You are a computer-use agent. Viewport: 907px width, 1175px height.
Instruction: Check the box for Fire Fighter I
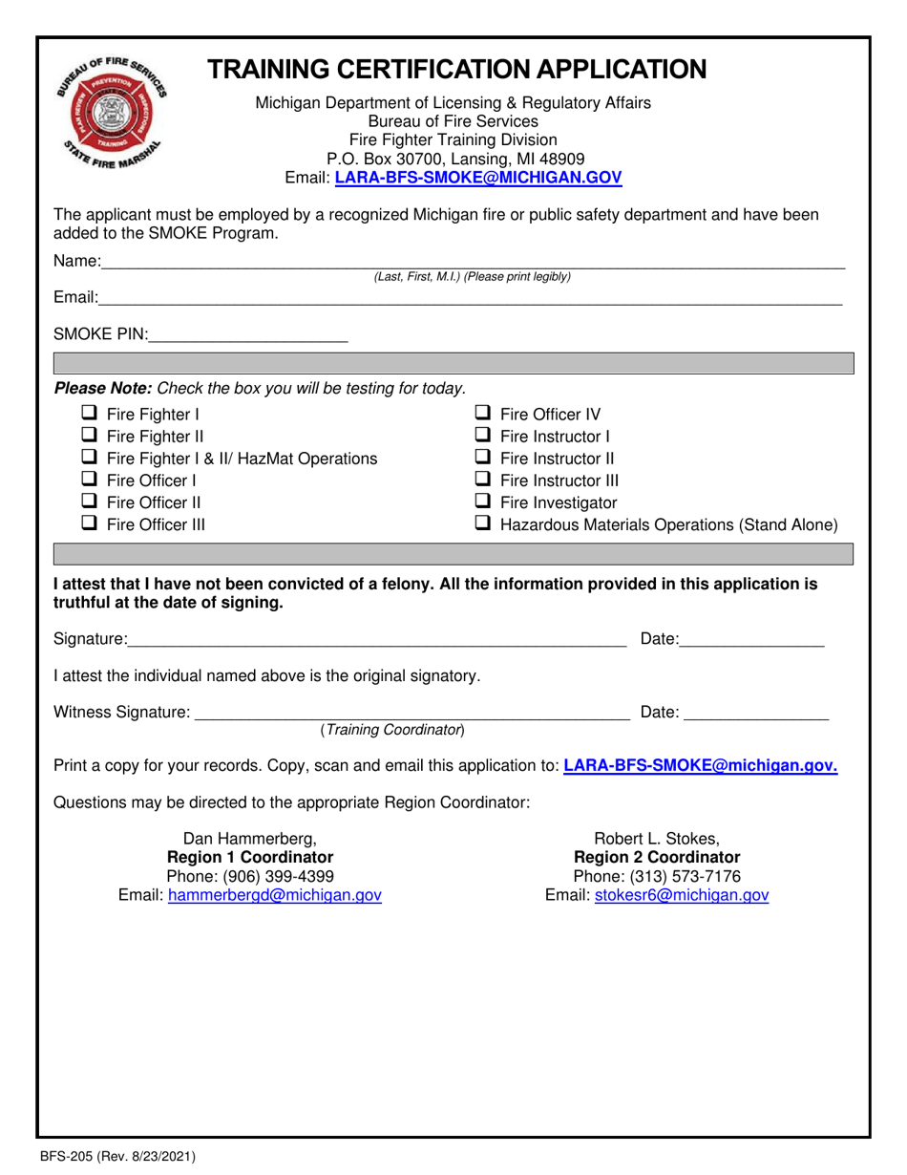(88, 415)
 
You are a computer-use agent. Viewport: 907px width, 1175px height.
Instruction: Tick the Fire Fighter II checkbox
(88, 437)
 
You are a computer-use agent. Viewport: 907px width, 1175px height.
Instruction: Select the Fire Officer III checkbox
(88, 523)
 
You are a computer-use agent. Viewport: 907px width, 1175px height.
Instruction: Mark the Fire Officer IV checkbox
(483, 415)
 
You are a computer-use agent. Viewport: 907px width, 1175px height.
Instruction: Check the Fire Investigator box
(483, 502)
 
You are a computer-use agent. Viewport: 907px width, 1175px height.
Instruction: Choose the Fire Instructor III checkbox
(483, 481)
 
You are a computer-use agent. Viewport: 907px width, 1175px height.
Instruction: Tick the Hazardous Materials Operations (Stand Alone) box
(483, 524)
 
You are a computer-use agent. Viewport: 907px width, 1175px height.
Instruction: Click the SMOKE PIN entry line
(248, 335)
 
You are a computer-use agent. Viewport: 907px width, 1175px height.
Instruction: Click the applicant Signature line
(376, 639)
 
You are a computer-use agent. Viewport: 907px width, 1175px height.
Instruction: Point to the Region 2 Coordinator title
(656, 857)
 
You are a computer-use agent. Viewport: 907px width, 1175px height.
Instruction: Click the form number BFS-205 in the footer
(67, 1158)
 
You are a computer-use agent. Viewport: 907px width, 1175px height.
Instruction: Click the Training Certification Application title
(457, 69)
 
